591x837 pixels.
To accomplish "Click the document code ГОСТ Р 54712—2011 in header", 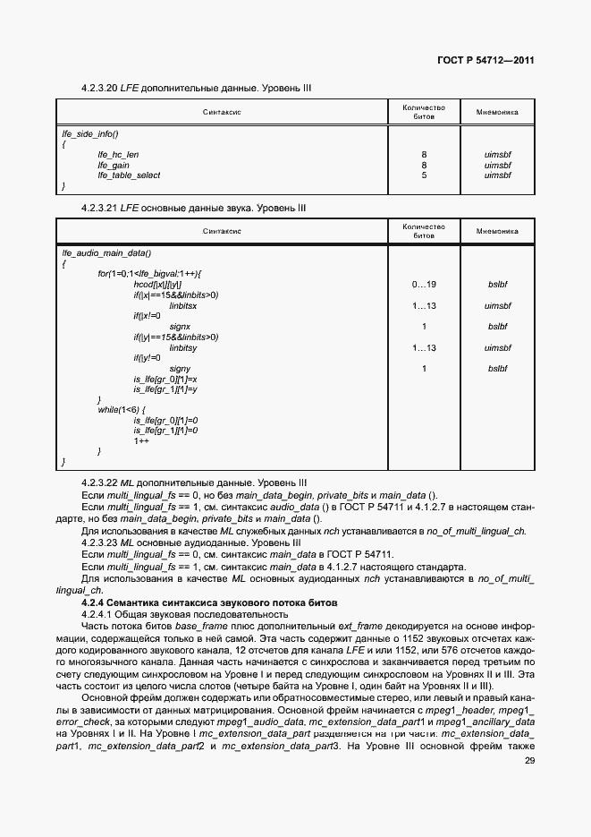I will click(486, 61).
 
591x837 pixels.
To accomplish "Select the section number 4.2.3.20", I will click(101, 89).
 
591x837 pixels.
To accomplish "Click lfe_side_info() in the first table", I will click(89, 133).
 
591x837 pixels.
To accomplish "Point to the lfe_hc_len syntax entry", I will click(118, 155).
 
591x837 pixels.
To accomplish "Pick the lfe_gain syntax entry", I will click(114, 165).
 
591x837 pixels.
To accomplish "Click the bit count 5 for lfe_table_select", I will click(424, 175).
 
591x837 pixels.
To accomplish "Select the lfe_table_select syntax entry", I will click(129, 175).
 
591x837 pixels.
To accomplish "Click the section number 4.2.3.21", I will click(101, 208).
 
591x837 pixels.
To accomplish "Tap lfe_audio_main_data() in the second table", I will click(106, 252).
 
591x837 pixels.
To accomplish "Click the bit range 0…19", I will click(424, 284).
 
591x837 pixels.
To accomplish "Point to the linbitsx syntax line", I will click(183, 305).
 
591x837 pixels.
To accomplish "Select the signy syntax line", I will click(182, 368).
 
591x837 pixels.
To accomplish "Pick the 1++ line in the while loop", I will click(141, 441).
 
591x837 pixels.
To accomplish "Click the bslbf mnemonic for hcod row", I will click(497, 284).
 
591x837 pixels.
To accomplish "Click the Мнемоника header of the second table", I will click(497, 231).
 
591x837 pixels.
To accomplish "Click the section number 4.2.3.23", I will click(101, 542).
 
